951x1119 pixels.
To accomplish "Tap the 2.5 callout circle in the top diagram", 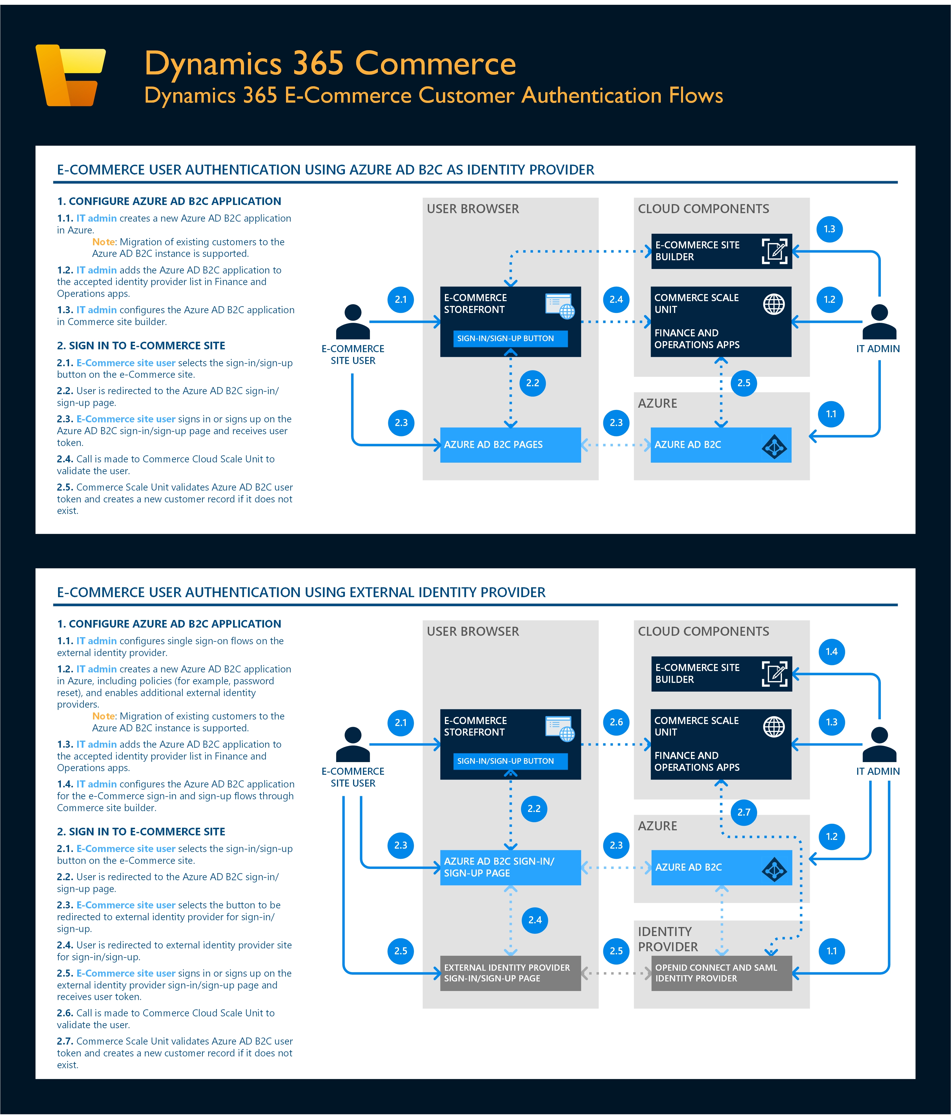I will pyautogui.click(x=743, y=383).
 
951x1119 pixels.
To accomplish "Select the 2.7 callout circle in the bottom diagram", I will pyautogui.click(x=743, y=812).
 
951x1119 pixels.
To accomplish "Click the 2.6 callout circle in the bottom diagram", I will pyautogui.click(x=616, y=722).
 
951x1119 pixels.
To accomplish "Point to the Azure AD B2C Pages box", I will pyautogui.click(x=510, y=445).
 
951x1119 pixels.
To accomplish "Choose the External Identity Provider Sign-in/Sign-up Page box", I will pyautogui.click(x=510, y=973).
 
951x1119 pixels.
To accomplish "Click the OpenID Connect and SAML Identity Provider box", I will pyautogui.click(x=721, y=973).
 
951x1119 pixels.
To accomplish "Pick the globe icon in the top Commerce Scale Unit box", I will pyautogui.click(x=774, y=304).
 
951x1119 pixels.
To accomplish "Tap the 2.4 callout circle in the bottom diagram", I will pyautogui.click(x=535, y=920).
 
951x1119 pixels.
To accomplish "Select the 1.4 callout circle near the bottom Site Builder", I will pyautogui.click(x=831, y=652).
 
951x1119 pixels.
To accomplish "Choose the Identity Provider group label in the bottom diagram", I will pyautogui.click(x=668, y=939).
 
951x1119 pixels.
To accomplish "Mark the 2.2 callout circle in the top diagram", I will pyautogui.click(x=533, y=383).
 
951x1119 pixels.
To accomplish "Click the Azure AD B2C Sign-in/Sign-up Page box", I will pyautogui.click(x=510, y=867).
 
